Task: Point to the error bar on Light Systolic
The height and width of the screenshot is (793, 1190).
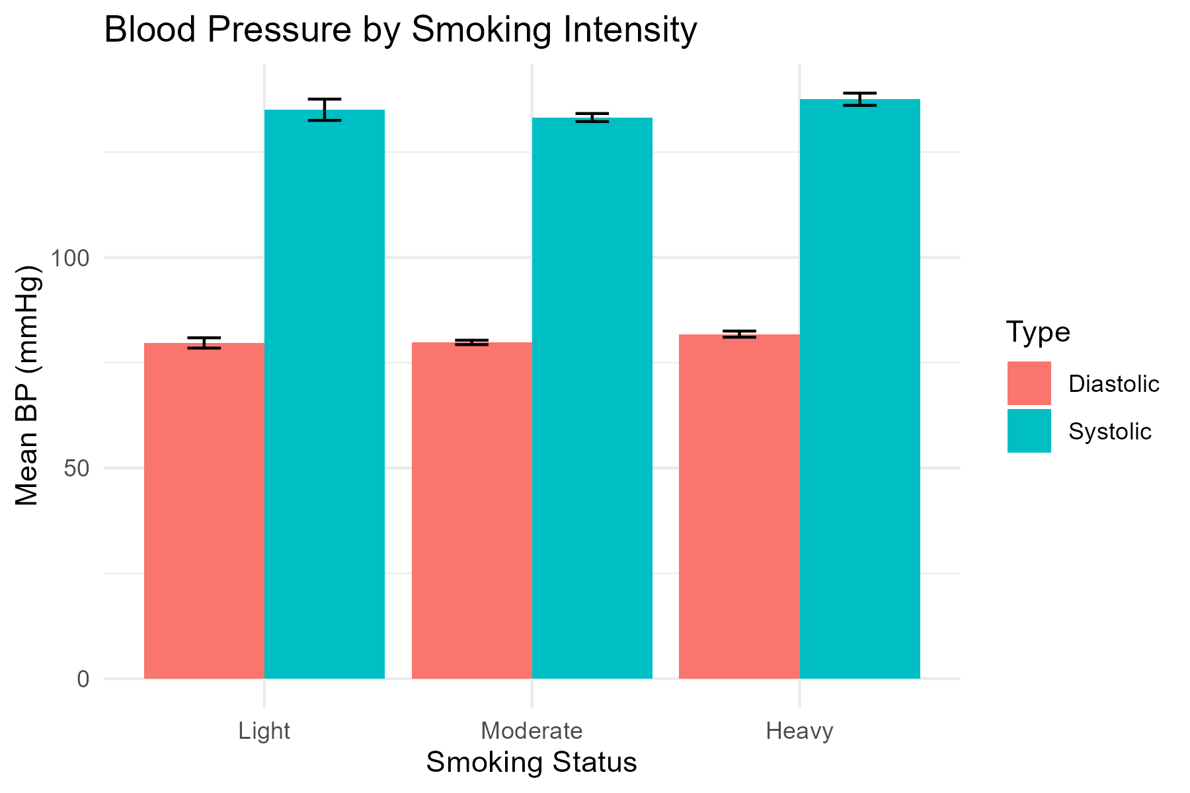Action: (x=325, y=110)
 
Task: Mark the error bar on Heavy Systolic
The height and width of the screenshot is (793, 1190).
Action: (x=860, y=99)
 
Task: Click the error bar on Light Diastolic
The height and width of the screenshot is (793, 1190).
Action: (x=204, y=343)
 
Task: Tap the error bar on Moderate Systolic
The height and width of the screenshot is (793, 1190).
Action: (x=592, y=118)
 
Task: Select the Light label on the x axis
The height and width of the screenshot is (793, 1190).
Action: (x=264, y=732)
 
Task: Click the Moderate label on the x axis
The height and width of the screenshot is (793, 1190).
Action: (x=532, y=732)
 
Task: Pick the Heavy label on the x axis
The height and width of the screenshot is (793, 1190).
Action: (x=799, y=732)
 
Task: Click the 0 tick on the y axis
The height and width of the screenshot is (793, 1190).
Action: (x=84, y=679)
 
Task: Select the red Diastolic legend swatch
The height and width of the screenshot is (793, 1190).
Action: (x=1029, y=383)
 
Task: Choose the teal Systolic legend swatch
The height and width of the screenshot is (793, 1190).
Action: (x=1029, y=431)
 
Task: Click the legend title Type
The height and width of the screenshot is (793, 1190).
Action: (x=1038, y=332)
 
